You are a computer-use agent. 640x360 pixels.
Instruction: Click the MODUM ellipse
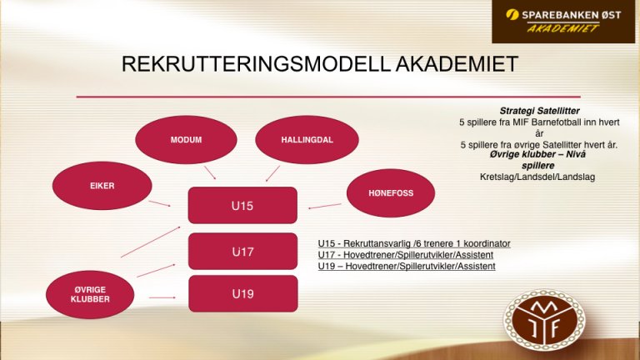click(x=186, y=140)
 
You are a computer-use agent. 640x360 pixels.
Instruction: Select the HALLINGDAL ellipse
click(x=307, y=140)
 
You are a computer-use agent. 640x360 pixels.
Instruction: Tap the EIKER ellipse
click(x=102, y=186)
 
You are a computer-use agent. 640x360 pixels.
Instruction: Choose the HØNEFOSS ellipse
click(x=391, y=193)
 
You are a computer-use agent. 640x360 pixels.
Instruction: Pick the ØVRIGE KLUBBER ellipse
click(x=90, y=294)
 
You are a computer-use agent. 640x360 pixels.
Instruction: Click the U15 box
click(x=242, y=205)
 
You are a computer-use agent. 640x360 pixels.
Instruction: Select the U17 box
click(x=242, y=252)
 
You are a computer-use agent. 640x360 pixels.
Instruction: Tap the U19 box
click(x=242, y=294)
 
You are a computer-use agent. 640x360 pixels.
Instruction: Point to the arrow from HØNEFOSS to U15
click(x=325, y=206)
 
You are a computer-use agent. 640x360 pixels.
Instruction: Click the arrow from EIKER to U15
click(x=160, y=203)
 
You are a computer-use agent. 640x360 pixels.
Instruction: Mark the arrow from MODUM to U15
click(x=210, y=172)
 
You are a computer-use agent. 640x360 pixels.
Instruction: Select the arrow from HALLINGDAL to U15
click(x=272, y=173)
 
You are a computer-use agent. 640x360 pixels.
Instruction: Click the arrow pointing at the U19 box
click(x=162, y=297)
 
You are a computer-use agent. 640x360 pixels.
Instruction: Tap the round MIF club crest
click(x=544, y=320)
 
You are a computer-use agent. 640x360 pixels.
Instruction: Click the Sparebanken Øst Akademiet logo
click(x=563, y=22)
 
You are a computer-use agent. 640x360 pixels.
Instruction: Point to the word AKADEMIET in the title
click(x=457, y=64)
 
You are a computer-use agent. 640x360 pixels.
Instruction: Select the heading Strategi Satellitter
click(x=540, y=111)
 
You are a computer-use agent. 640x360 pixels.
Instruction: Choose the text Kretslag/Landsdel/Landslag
click(x=537, y=177)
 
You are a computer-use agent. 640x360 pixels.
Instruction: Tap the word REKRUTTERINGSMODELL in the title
click(x=256, y=64)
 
